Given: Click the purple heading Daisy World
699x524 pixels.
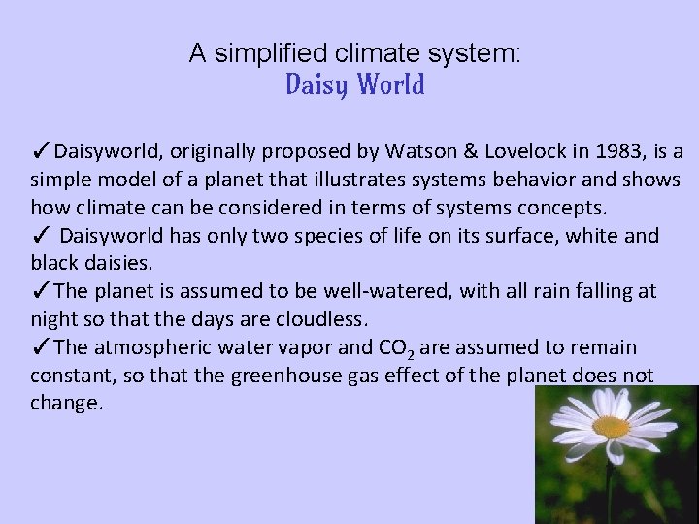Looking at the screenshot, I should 355,86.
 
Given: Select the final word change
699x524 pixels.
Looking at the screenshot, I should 66,402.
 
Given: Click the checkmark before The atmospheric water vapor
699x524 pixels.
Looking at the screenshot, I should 40,346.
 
